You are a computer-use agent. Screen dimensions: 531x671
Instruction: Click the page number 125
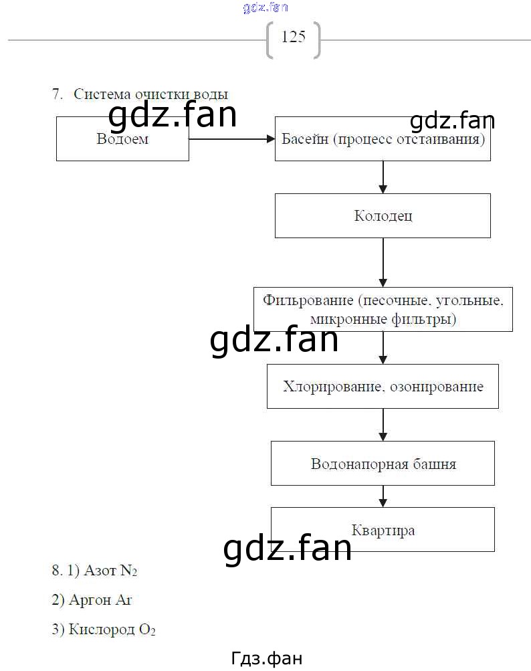[294, 37]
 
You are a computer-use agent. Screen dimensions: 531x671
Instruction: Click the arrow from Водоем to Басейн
[231, 138]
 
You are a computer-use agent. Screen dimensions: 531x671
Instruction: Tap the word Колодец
[383, 215]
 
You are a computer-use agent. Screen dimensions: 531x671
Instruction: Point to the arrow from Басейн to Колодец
[383, 177]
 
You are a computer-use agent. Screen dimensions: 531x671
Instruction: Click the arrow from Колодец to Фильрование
[383, 262]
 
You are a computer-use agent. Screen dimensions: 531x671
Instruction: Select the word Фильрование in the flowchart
[308, 300]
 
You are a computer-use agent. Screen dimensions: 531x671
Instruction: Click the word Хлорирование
[332, 387]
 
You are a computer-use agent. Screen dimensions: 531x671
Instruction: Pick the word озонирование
[437, 387]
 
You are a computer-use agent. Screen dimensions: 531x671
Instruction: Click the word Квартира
[383, 531]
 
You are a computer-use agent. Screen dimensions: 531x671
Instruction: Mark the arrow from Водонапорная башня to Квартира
[383, 496]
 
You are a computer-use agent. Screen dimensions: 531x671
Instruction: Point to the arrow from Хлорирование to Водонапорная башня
[383, 425]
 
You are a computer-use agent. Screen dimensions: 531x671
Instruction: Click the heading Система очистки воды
[150, 94]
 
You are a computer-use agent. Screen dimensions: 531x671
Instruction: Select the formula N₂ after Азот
[128, 571]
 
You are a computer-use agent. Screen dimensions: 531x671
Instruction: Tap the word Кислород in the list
[102, 629]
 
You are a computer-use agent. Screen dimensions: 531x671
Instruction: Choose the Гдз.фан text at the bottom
[267, 658]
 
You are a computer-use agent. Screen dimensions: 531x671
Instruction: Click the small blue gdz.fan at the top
[265, 7]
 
